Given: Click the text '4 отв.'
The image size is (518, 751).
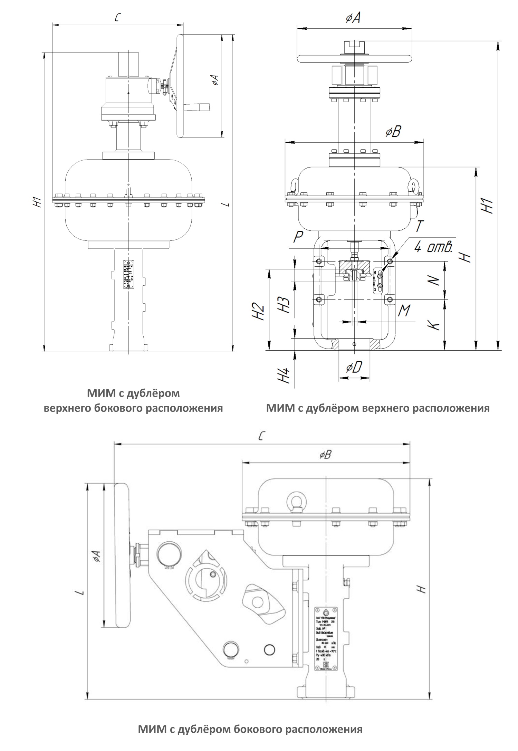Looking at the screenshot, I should point(433,248).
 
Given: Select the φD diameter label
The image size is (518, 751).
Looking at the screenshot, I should point(354,368).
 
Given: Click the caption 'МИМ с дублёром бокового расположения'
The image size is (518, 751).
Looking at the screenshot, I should point(250,729).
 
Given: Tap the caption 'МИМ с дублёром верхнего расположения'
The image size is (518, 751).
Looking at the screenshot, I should point(378,408).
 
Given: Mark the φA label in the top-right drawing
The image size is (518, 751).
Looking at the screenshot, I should point(354,18).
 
